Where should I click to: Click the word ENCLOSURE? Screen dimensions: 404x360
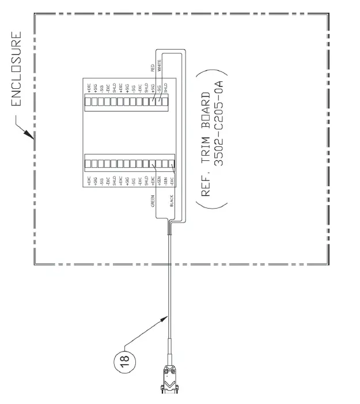pos(17,70)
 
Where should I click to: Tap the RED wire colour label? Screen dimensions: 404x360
pos(152,69)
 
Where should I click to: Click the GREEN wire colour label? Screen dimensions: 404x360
pos(153,200)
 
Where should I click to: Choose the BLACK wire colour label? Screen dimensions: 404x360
pos(171,201)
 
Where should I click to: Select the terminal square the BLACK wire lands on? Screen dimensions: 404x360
pos(171,164)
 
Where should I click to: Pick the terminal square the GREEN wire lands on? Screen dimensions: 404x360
pos(152,164)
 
